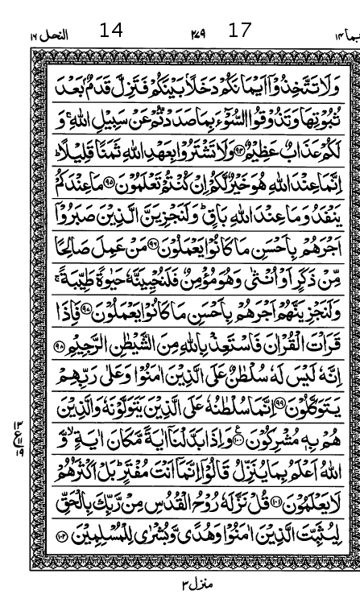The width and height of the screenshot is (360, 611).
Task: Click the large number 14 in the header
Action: [111, 31]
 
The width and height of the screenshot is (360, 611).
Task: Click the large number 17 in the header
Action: [240, 31]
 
